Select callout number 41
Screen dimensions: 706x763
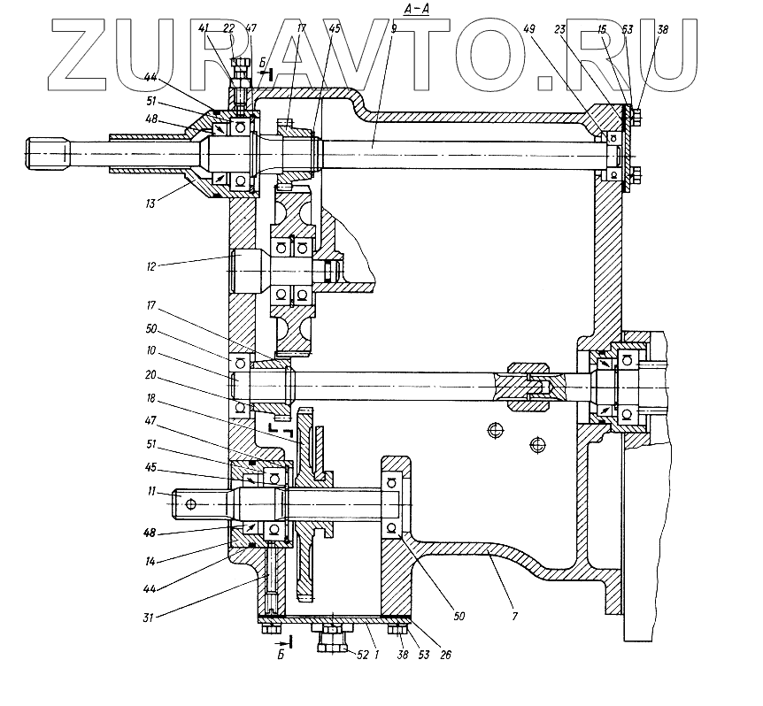click(x=203, y=28)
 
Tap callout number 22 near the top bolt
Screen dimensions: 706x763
click(x=228, y=28)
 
